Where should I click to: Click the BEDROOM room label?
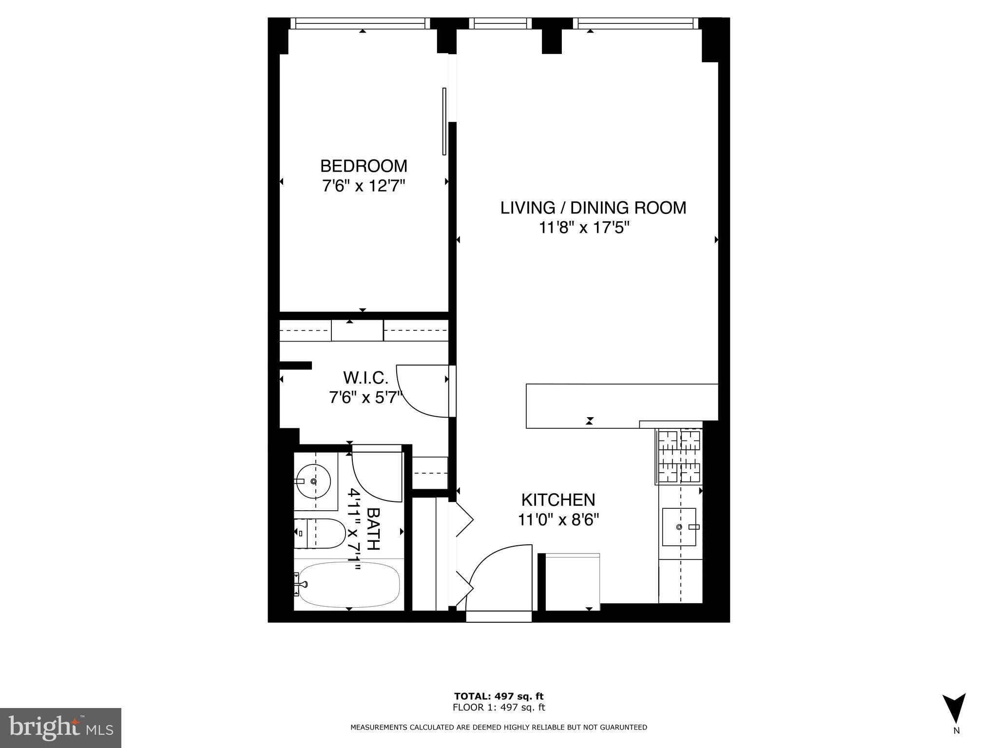click(x=364, y=166)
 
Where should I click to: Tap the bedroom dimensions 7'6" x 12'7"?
click(x=364, y=186)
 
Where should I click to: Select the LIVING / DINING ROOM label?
click(x=593, y=208)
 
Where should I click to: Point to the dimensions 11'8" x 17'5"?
click(x=584, y=228)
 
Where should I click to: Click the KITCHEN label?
click(x=558, y=500)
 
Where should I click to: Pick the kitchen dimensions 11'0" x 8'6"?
click(x=558, y=520)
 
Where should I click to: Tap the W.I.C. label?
click(x=365, y=378)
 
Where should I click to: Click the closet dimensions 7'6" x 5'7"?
click(x=365, y=398)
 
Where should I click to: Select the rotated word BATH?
click(x=373, y=529)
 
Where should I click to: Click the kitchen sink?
click(x=679, y=527)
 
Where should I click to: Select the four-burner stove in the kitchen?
click(x=679, y=457)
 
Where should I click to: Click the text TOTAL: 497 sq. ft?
click(x=499, y=696)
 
